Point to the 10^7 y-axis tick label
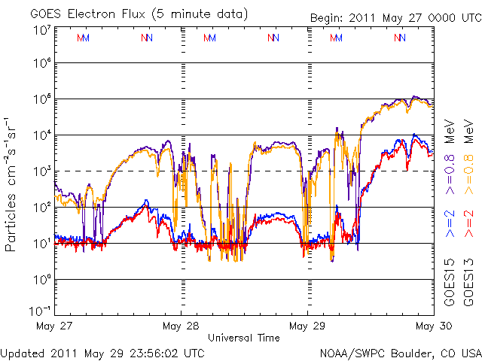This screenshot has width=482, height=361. tap(41, 30)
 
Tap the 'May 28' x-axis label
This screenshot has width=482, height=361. tap(181, 326)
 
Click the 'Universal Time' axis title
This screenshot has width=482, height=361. tap(244, 338)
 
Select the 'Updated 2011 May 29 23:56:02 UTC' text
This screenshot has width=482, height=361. tap(102, 352)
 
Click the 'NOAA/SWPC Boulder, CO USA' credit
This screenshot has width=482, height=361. tap(400, 352)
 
